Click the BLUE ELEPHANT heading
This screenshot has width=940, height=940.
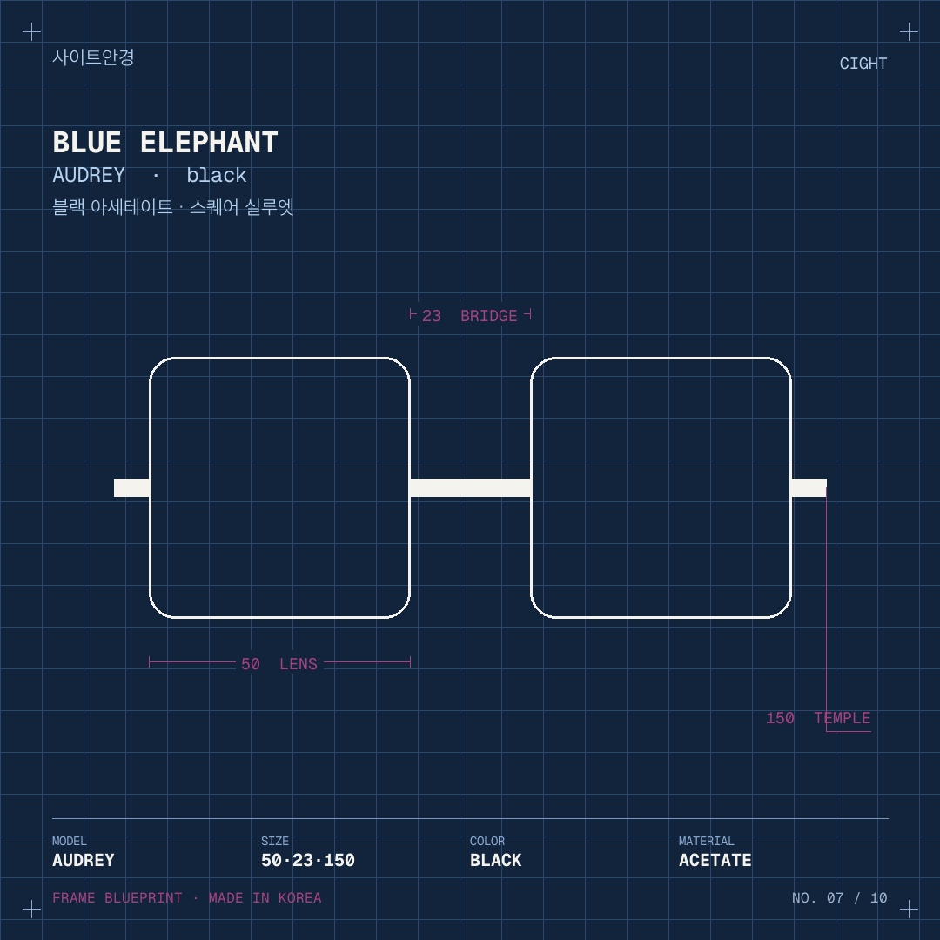click(x=165, y=143)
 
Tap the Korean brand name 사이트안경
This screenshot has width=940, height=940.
click(x=93, y=57)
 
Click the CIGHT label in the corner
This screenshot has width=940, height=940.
click(x=863, y=64)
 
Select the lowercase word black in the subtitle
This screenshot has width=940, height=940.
click(x=217, y=175)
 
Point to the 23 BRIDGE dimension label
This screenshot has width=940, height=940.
click(x=469, y=316)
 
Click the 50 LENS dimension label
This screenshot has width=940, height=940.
click(x=279, y=663)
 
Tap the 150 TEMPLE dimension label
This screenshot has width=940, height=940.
click(x=818, y=717)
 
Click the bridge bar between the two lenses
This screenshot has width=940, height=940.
click(x=471, y=488)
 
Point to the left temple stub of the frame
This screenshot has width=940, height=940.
click(x=132, y=488)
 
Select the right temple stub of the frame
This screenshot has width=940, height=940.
click(x=809, y=488)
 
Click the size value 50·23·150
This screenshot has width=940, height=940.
click(x=308, y=860)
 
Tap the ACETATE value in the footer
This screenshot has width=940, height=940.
click(x=715, y=860)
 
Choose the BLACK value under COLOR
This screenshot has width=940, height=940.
click(x=496, y=860)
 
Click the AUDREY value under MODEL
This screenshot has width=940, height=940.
click(x=84, y=860)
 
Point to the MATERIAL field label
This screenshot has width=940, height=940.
click(x=706, y=841)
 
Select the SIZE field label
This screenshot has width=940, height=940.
click(x=275, y=841)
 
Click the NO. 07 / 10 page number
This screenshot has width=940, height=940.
click(x=840, y=897)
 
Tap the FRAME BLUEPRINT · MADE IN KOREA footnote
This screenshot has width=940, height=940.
click(x=187, y=897)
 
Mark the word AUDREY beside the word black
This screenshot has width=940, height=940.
click(x=89, y=175)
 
